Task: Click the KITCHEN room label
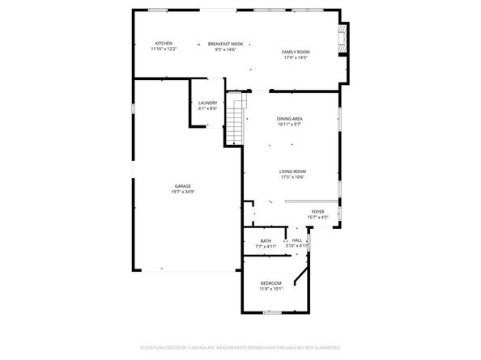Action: click(x=164, y=43)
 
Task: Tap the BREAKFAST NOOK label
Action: click(x=225, y=44)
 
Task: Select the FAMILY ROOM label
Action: click(x=296, y=52)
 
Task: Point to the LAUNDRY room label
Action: click(x=207, y=102)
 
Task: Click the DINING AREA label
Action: click(x=290, y=119)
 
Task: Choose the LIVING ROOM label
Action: click(x=292, y=171)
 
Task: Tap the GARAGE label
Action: click(x=183, y=186)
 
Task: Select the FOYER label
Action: click(x=317, y=211)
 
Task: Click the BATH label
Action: click(x=266, y=240)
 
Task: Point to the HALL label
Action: click(x=297, y=240)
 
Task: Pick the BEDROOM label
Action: click(x=270, y=282)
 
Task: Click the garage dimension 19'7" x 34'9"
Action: click(x=183, y=192)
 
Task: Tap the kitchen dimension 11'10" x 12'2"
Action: click(x=164, y=49)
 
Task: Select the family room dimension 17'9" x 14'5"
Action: click(x=296, y=57)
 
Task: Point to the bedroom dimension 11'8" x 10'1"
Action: click(x=270, y=288)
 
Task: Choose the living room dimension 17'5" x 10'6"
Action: click(x=292, y=176)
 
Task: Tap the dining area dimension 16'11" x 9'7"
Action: click(x=290, y=125)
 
